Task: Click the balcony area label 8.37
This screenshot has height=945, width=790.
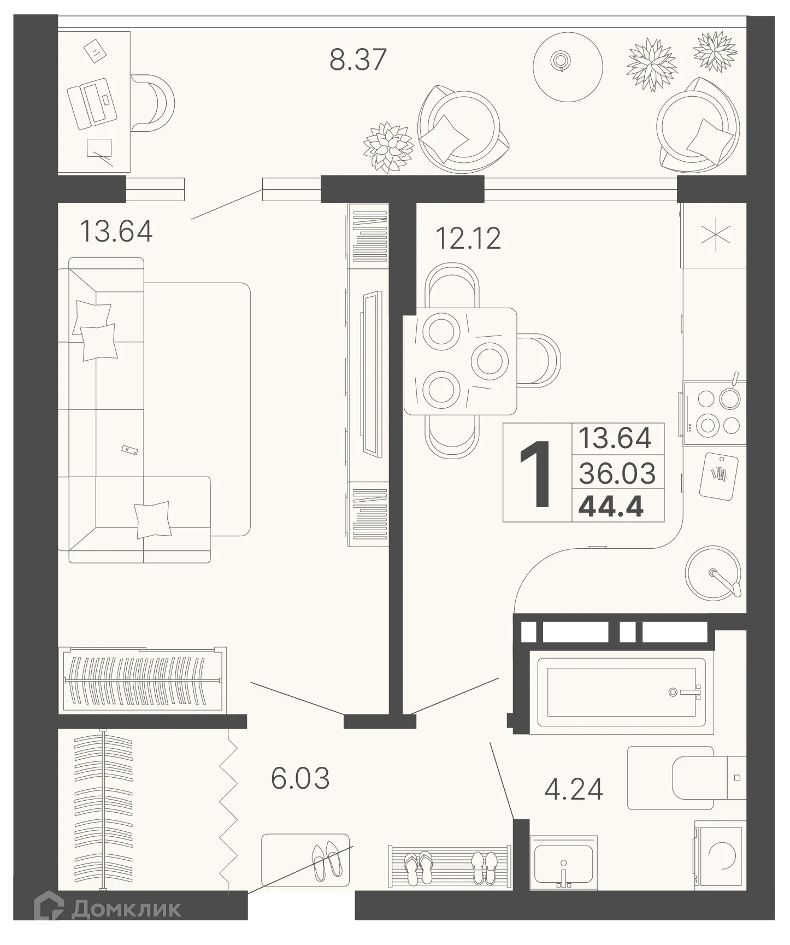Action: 358,60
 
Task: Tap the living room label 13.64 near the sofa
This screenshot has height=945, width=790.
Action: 116,231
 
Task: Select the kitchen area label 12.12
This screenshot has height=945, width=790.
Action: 468,238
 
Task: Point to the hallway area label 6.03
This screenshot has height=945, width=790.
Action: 300,779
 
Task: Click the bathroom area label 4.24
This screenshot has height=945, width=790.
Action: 574,789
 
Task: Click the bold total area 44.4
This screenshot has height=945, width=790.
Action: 611,507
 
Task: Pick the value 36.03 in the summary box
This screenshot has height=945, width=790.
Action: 617,473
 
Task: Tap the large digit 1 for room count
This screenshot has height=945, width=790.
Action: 536,474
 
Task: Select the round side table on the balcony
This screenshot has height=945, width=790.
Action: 568,67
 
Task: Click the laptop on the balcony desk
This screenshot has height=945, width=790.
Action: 92,104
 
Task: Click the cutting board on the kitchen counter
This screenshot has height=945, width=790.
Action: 719,475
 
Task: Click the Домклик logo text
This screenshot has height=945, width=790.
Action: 126,909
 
